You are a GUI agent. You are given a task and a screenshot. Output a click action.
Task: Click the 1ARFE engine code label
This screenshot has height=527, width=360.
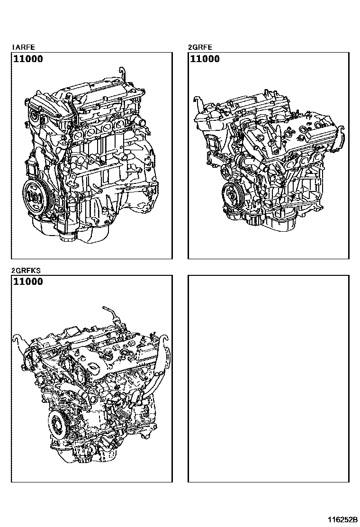click(x=24, y=47)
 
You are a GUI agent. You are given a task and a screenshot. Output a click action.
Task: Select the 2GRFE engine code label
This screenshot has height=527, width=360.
click(x=200, y=47)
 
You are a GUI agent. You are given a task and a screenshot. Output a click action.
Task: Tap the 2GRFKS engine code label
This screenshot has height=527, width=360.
click(x=26, y=270)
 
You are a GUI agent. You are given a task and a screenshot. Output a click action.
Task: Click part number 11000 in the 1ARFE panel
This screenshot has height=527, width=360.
click(x=28, y=59)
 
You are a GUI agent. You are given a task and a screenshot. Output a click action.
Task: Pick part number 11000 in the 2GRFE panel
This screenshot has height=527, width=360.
click(x=205, y=59)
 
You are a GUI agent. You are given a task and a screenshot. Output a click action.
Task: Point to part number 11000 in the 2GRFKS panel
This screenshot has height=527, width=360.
click(x=28, y=282)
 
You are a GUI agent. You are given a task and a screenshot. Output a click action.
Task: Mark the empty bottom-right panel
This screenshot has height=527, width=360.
click(x=268, y=379)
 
